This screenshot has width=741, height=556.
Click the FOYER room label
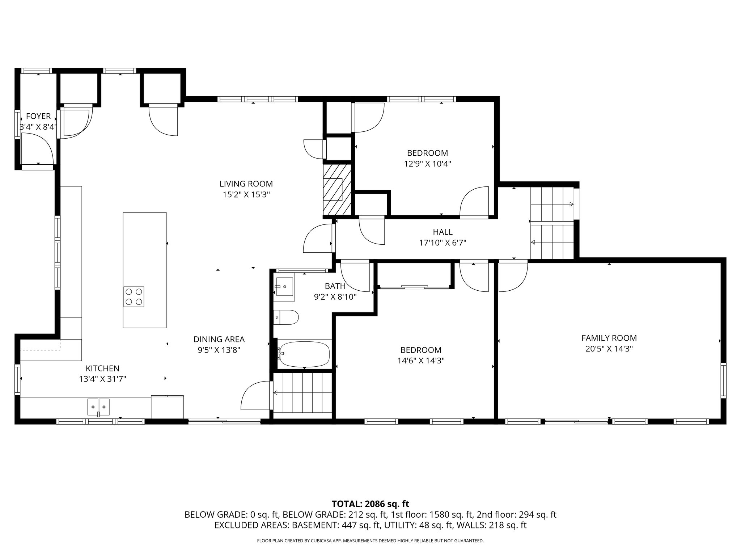point(38,116)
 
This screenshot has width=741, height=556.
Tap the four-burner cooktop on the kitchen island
point(134,297)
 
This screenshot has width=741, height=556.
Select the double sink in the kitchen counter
point(98,407)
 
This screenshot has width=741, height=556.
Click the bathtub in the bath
point(305,354)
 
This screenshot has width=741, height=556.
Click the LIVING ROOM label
point(246,184)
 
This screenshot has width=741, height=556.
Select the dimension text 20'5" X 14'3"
point(609,349)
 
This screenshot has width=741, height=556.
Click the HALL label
point(443,232)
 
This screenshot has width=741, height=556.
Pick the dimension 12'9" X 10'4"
point(427,164)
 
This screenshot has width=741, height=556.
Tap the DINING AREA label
point(219,339)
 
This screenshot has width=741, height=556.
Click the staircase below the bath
point(302,392)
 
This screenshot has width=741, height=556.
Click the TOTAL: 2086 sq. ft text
point(370,504)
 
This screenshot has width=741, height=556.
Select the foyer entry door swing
point(37,148)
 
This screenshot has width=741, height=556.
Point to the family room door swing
point(513,277)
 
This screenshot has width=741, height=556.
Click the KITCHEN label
point(102,368)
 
